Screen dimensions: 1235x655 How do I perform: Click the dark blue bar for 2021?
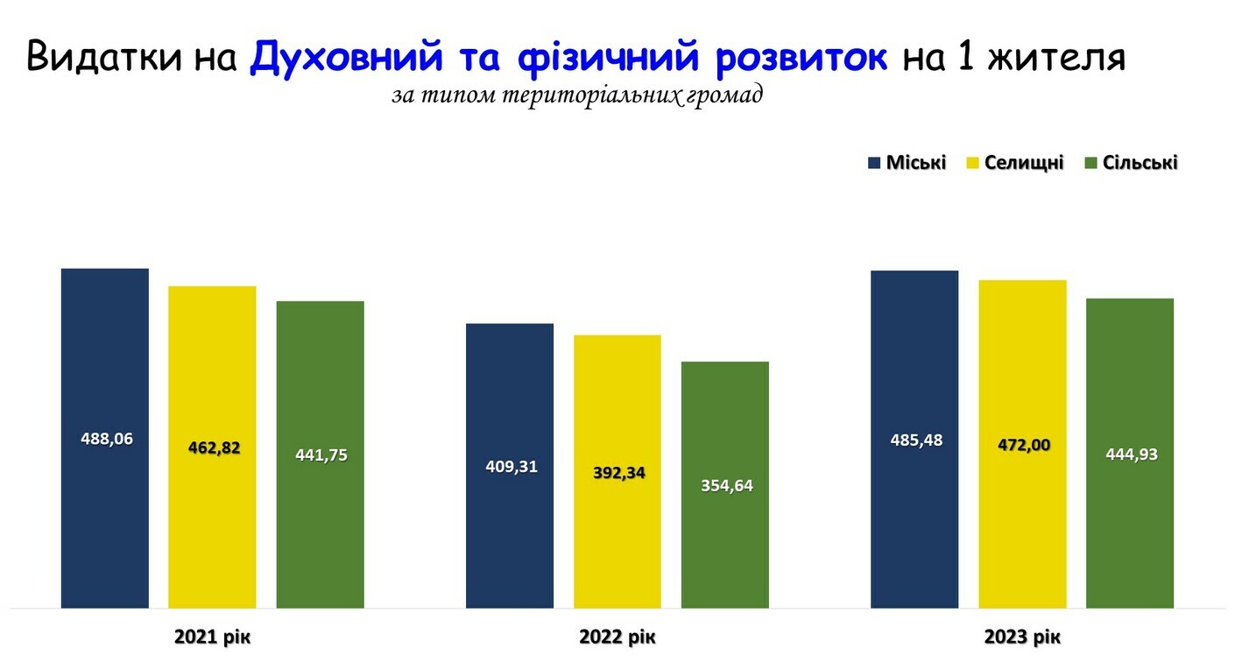(x=105, y=439)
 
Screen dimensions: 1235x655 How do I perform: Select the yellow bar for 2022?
(x=617, y=471)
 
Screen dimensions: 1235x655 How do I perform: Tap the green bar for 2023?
(x=1130, y=454)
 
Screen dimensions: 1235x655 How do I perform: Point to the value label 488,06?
(x=107, y=439)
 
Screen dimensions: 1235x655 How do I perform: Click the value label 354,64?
(x=727, y=486)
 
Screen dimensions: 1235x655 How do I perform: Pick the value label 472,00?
(x=1024, y=445)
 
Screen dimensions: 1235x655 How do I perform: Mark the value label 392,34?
(x=619, y=473)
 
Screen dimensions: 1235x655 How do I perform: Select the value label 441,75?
(x=321, y=455)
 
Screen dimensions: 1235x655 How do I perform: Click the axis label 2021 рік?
(x=212, y=637)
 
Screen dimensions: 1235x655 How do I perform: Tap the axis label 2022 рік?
(x=617, y=637)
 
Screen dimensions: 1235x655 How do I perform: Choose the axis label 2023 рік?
(x=1022, y=637)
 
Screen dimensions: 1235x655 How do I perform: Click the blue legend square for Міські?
(x=874, y=163)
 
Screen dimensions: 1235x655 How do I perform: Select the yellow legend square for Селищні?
(x=972, y=163)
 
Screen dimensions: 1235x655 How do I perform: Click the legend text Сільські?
(x=1140, y=163)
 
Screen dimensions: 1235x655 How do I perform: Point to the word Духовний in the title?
(x=346, y=57)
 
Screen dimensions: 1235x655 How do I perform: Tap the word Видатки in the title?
(x=103, y=57)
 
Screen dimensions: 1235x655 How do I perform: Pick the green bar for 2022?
(x=725, y=485)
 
